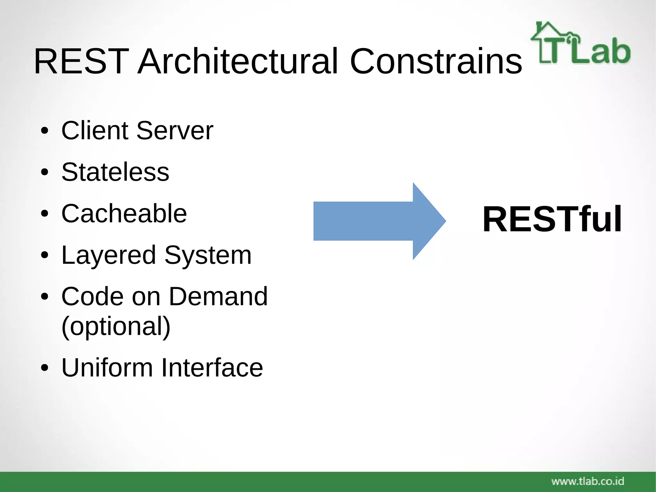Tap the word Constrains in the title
[x=436, y=61]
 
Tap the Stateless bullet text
[x=115, y=172]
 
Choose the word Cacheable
[x=124, y=213]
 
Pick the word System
[x=208, y=255]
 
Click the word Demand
[x=218, y=296]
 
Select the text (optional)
[x=116, y=326]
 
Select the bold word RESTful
[x=552, y=219]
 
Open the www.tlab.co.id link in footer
[x=588, y=481]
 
